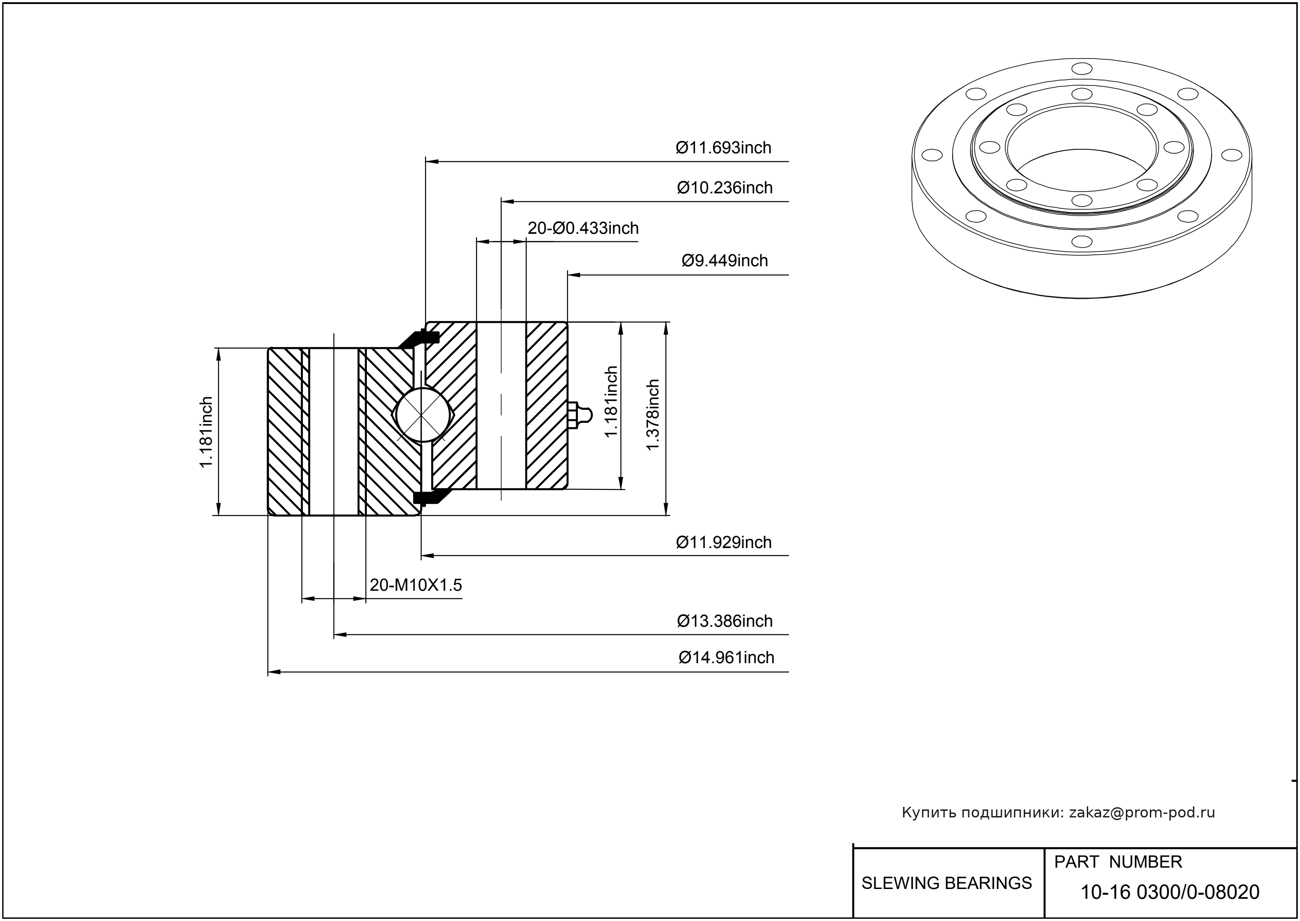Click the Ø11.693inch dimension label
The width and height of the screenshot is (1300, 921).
(723, 148)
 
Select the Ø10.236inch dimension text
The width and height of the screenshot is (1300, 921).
(724, 188)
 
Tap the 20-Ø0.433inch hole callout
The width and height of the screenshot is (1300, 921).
(583, 228)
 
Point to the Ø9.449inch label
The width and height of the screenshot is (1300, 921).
(724, 261)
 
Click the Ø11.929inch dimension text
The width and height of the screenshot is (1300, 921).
(723, 543)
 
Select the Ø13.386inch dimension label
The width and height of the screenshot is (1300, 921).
(724, 621)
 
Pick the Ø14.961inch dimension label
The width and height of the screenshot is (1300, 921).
(726, 658)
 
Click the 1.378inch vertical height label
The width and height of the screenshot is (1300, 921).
(653, 415)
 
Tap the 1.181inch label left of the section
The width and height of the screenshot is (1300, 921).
(206, 432)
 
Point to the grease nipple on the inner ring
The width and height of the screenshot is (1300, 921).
(579, 415)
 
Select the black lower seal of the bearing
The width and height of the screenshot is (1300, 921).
(429, 497)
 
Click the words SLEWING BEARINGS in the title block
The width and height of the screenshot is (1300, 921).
(946, 883)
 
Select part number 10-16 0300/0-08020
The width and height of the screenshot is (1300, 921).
(1170, 892)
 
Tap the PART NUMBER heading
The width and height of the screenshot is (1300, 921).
(1117, 862)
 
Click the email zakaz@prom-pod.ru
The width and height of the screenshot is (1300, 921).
(1141, 813)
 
